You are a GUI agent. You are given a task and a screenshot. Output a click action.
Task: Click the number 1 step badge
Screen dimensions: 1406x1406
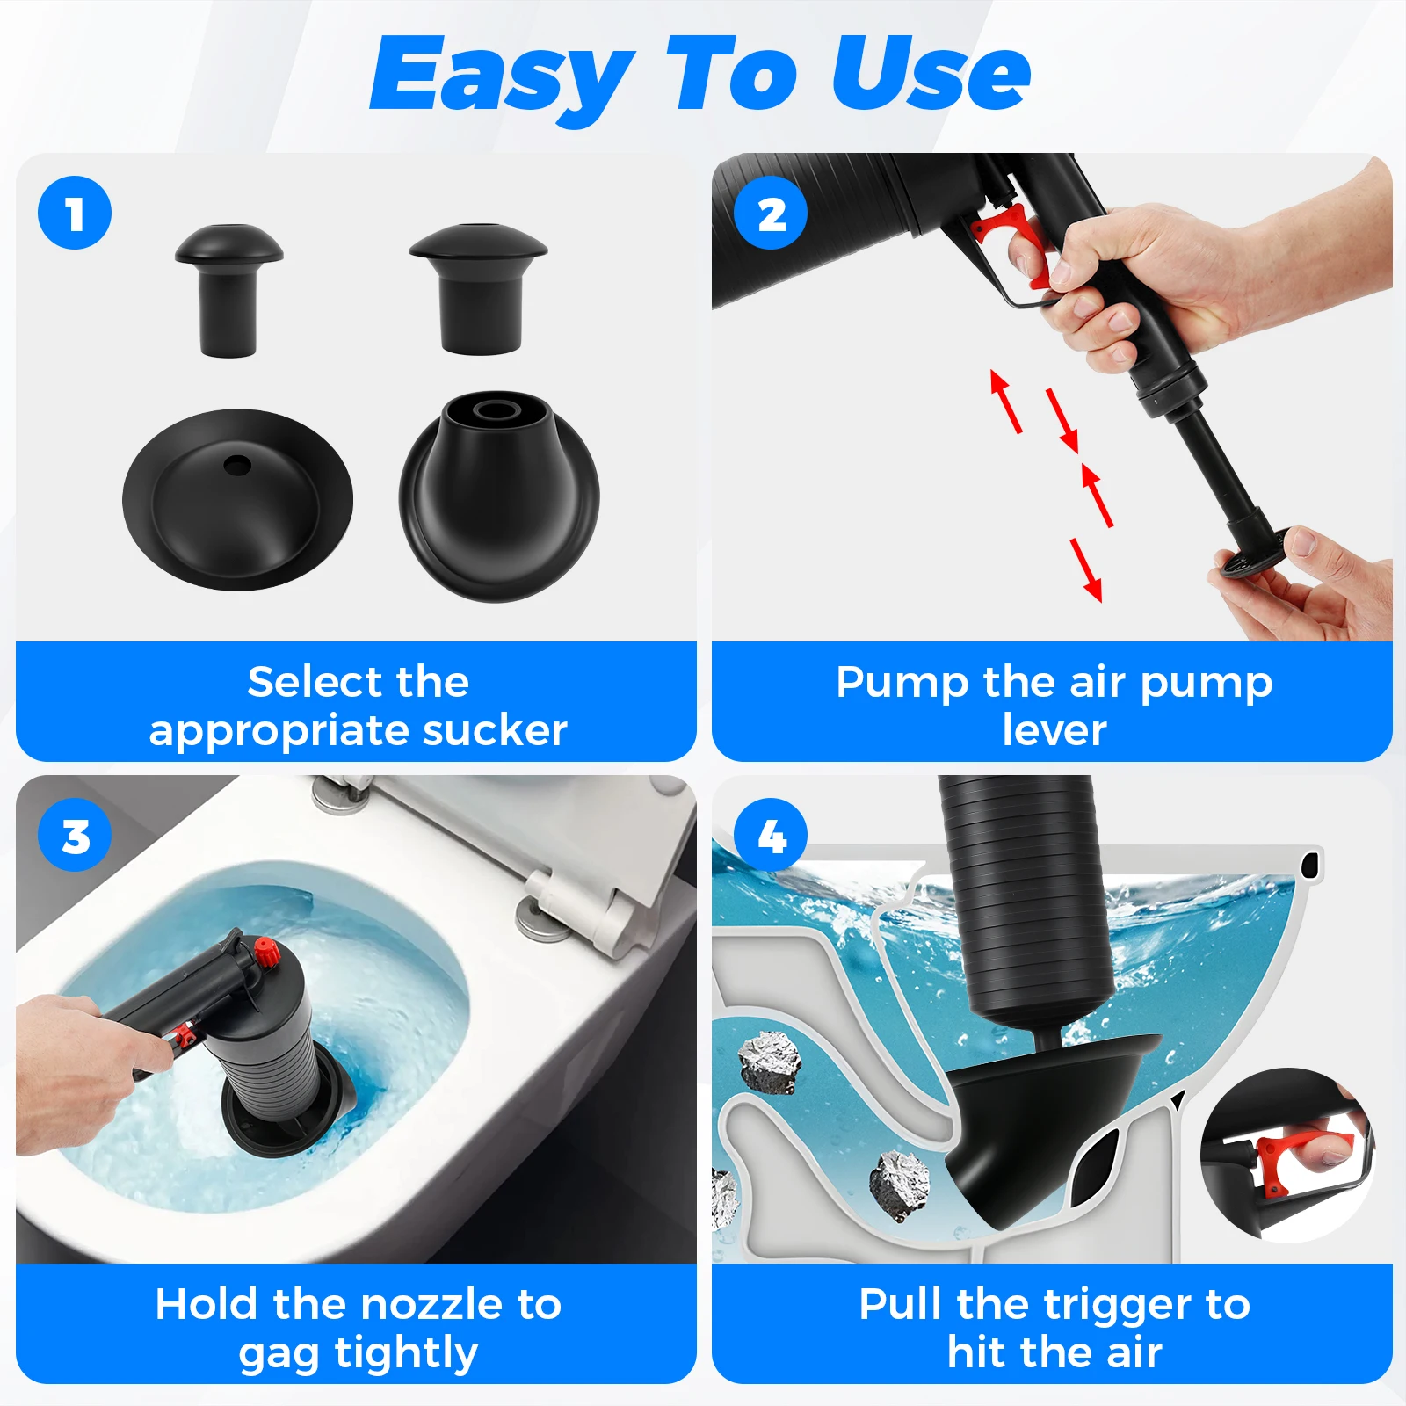coord(75,213)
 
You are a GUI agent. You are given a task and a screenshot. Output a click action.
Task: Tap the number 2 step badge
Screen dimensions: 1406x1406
coord(771,213)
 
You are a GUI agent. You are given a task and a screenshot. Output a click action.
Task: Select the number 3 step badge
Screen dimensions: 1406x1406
coord(75,835)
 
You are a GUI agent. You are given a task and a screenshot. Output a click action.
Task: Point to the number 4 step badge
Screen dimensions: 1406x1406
coord(771,835)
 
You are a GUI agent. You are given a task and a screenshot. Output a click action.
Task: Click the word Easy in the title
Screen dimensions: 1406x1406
coord(501,77)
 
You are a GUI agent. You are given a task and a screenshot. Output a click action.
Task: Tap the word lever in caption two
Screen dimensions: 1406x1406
coord(1054,730)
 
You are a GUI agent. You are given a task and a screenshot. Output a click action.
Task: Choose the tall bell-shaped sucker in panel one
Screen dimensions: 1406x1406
coord(499,496)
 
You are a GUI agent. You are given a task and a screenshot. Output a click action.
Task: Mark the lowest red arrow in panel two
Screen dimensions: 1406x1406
coord(1086,569)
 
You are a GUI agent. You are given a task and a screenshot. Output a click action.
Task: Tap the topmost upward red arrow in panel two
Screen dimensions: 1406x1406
coord(1006,401)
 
